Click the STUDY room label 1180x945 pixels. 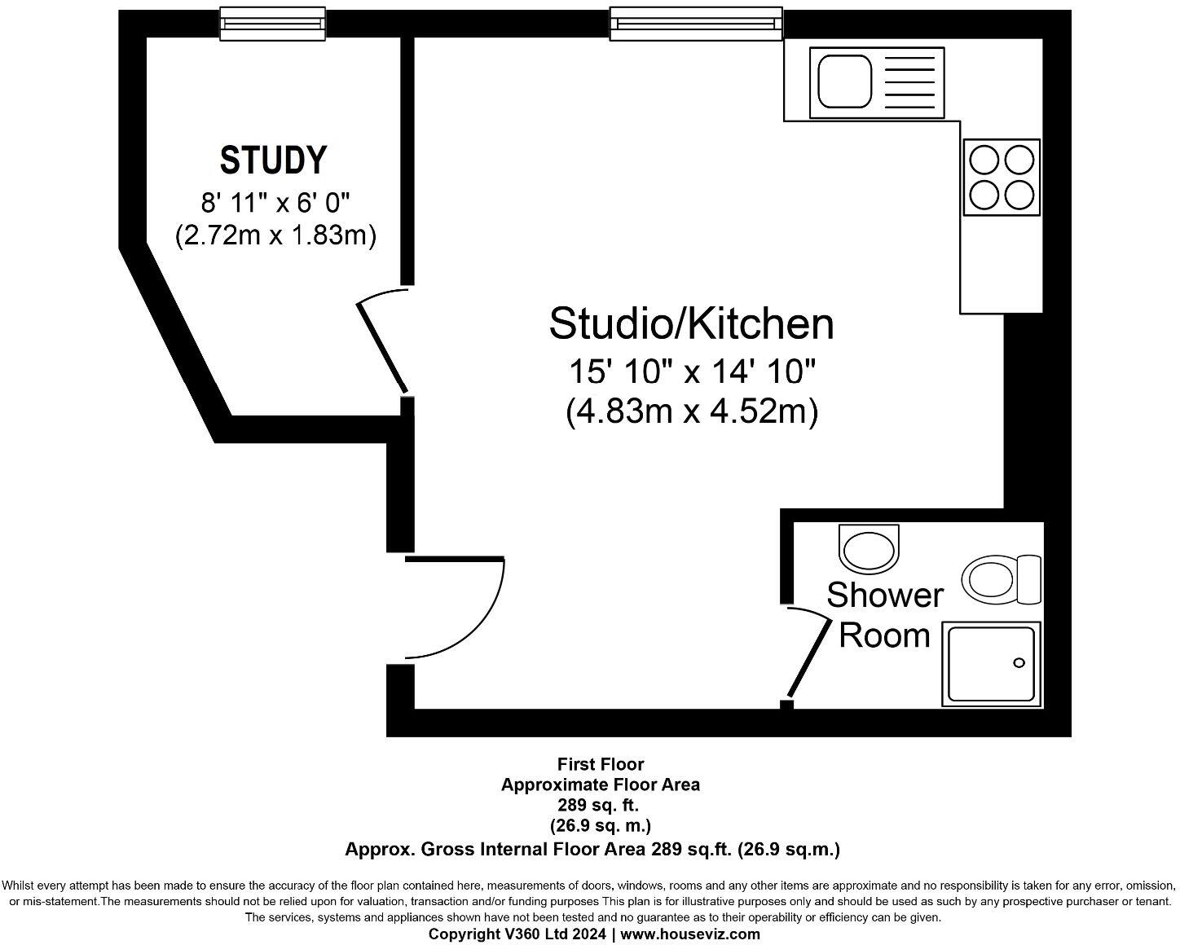click(x=273, y=160)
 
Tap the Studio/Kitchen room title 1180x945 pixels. click(x=691, y=323)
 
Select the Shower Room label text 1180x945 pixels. click(x=884, y=615)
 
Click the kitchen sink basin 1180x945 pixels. click(x=844, y=81)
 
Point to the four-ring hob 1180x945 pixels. click(x=1002, y=177)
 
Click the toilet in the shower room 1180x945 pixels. click(x=1001, y=580)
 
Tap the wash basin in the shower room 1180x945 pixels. click(x=870, y=549)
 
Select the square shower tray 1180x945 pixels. click(x=992, y=663)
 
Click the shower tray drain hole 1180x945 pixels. click(x=1019, y=663)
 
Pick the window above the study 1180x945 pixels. click(x=273, y=23)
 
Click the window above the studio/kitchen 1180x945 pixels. click(x=696, y=23)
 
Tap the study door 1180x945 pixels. click(x=381, y=343)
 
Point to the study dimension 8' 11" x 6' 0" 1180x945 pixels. click(x=275, y=200)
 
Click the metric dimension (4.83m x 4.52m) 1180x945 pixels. click(x=691, y=411)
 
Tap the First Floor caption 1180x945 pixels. click(x=600, y=764)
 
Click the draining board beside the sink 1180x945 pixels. click(x=908, y=81)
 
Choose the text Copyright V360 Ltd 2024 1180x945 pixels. click(x=517, y=934)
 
